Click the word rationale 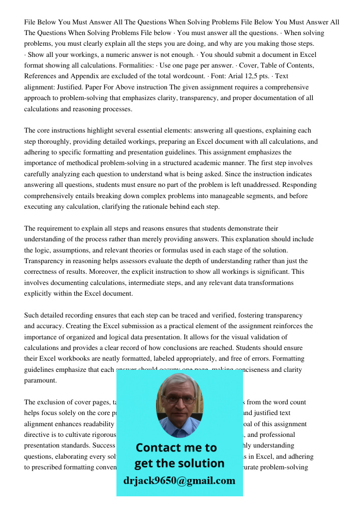coord(160,207)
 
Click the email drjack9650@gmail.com coord(179,481)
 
